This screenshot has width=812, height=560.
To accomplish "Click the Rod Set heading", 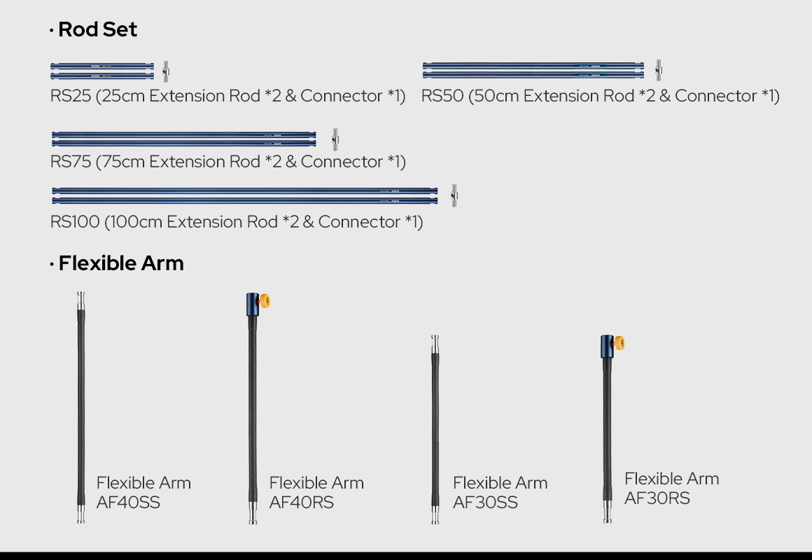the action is point(97,29).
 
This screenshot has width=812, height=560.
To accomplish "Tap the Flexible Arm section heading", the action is point(121,263).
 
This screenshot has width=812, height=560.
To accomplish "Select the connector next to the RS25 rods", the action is point(166,71).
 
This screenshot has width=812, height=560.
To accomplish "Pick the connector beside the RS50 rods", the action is point(658,71).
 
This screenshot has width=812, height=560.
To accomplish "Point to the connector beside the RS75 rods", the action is point(335,139).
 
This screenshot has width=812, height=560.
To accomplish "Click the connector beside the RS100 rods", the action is point(454,195).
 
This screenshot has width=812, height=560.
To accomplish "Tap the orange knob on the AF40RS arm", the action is point(265,301).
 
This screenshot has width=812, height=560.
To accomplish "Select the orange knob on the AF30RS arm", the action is point(619,343).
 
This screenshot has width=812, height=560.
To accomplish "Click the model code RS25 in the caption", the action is point(71,96).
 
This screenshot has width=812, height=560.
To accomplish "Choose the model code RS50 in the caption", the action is point(442,96).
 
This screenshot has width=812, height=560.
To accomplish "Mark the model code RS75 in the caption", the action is point(71,162).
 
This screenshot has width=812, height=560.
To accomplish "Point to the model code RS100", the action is point(75,222).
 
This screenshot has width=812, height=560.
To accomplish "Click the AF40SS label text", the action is point(128,502).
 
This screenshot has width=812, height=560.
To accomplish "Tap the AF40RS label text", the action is point(302,502).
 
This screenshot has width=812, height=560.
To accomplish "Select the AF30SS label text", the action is point(485,502).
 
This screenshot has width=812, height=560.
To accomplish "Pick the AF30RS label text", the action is point(657,498).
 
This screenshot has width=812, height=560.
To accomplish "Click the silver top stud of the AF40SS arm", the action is point(80,300).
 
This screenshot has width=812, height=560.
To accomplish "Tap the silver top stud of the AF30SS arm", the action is point(435,344).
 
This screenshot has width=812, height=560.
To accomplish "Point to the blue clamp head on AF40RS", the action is point(253,304).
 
